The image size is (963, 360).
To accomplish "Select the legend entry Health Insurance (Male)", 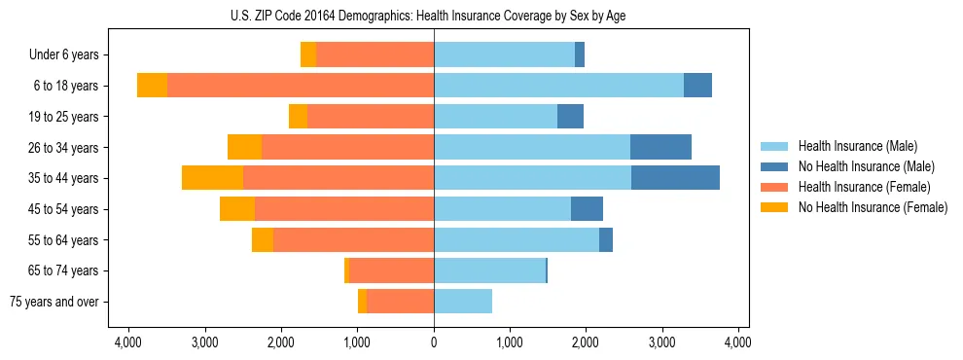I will (x=852, y=146).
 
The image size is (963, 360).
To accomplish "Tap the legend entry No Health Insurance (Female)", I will (x=872, y=207).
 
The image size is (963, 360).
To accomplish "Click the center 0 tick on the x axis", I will (x=434, y=343).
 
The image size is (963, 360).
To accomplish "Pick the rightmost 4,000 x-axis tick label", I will (x=737, y=343).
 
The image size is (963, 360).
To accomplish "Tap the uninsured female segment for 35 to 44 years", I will (x=212, y=178).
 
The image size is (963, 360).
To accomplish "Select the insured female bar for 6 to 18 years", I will (x=301, y=86).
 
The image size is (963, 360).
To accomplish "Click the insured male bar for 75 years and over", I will (x=463, y=302).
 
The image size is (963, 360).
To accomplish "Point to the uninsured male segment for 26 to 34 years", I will (x=660, y=147).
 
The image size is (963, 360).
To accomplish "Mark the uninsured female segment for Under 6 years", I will (x=308, y=55).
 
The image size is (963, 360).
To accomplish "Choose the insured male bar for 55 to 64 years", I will (x=517, y=239).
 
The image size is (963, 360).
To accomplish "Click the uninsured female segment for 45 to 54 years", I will (x=237, y=209).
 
